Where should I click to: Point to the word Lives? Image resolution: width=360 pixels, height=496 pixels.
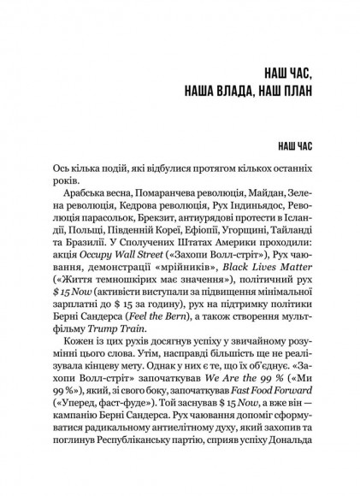pos(259,280)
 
